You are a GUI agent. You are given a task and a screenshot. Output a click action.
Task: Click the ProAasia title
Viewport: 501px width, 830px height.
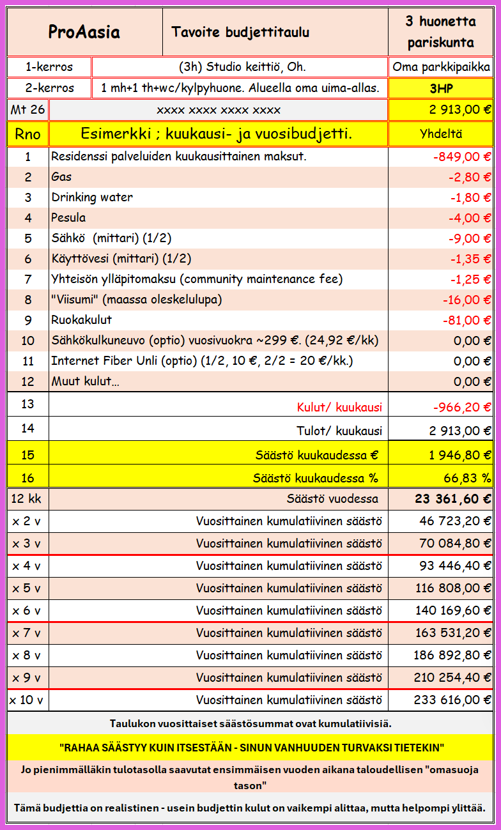pos(84,32)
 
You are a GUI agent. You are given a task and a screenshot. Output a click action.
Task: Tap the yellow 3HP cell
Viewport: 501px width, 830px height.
pos(440,88)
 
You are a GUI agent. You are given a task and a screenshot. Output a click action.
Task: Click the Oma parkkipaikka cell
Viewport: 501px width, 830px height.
pos(441,67)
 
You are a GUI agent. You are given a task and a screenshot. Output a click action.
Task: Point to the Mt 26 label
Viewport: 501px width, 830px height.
pos(27,110)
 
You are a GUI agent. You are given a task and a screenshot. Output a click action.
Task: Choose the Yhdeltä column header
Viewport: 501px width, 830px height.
pos(440,134)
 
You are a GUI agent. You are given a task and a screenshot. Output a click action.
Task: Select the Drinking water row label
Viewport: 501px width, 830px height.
pos(92,197)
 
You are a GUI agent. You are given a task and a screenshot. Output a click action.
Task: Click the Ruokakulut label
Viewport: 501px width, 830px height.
pos(81,320)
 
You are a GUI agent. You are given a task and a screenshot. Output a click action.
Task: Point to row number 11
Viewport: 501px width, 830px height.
pos(27,361)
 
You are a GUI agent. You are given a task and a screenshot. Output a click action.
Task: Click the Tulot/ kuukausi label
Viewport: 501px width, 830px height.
pos(339,430)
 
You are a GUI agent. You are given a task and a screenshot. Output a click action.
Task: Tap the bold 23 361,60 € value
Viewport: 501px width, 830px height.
pos(453,499)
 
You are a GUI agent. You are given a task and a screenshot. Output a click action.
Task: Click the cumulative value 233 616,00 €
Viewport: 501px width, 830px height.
pos(452,700)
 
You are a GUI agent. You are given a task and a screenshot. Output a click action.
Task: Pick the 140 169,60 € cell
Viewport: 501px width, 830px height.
pos(452,610)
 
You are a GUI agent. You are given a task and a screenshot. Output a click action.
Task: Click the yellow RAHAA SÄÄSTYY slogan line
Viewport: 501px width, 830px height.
pos(250,747)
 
